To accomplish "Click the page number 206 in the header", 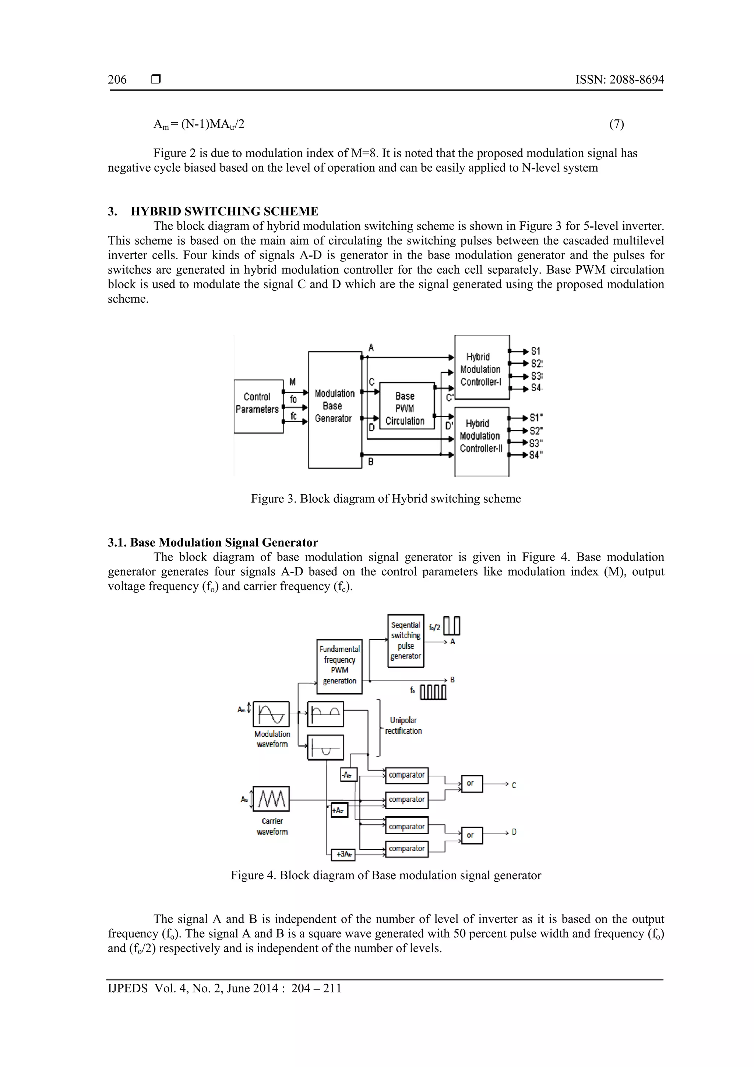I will tap(117, 80).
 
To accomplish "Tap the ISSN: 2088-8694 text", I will tap(619, 80).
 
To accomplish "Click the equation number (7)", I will tap(616, 124).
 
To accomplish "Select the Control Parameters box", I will tap(258, 406).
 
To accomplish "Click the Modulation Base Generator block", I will tap(335, 409).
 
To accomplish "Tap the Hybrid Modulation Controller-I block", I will tap(482, 367).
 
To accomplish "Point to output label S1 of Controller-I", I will tap(536, 351).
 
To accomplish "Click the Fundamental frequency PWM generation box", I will tap(339, 666).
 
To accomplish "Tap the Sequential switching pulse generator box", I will tap(406, 641).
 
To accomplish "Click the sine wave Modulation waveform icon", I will tap(271, 714).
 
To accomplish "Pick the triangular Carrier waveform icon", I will tap(271, 799).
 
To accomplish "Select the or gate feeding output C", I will tap(472, 783).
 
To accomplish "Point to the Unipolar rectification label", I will tap(403, 726).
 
